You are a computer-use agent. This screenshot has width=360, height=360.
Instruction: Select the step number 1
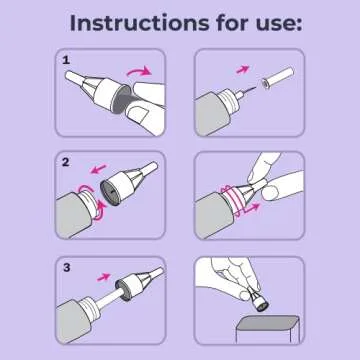67,61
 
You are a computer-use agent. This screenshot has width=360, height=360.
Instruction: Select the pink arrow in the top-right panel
242,69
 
